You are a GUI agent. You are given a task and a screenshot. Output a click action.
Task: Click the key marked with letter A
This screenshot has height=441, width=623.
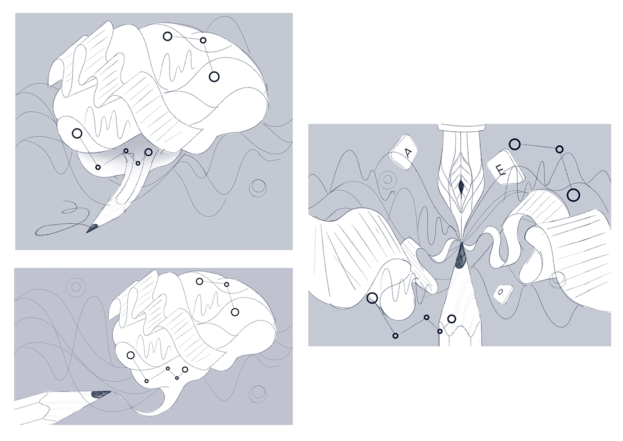[x=403, y=152]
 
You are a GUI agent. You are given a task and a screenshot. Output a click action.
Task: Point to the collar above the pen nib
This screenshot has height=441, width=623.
[x=461, y=128]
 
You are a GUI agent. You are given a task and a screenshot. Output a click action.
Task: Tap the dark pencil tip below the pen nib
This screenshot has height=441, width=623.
[x=461, y=257]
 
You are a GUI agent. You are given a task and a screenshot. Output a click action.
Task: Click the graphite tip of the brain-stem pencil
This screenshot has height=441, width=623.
[x=93, y=228]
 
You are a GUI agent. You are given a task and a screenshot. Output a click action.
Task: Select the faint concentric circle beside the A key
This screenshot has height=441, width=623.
[x=387, y=179]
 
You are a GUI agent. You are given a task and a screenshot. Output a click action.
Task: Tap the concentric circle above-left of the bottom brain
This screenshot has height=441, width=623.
[x=76, y=287]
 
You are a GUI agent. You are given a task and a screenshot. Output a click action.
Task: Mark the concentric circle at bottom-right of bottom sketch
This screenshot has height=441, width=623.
[x=258, y=394]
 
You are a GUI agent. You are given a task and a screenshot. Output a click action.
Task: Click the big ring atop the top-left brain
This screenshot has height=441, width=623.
[x=167, y=36]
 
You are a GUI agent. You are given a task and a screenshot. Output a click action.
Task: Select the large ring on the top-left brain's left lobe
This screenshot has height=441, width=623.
[x=77, y=134]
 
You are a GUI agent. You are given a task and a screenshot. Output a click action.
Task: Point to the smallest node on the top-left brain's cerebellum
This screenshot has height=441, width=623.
[x=138, y=163]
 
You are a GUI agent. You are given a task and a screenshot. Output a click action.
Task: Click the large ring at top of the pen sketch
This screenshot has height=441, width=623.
[x=515, y=144]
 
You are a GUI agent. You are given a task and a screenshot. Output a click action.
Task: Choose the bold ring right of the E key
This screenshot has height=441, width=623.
[x=573, y=195]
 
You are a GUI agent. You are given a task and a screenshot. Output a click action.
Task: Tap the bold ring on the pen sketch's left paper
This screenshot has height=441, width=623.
[x=372, y=298]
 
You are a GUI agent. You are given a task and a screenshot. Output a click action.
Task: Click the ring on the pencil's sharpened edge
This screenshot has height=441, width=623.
[x=452, y=319]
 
